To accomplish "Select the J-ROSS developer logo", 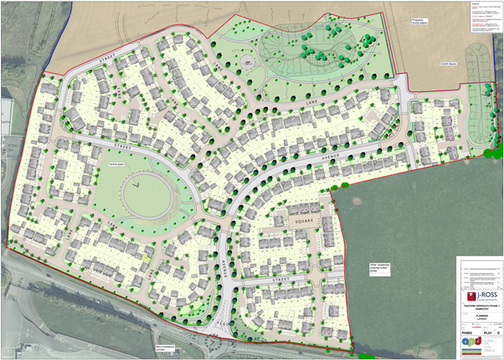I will point(479,297).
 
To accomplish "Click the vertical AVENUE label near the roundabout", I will point(225,269).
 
